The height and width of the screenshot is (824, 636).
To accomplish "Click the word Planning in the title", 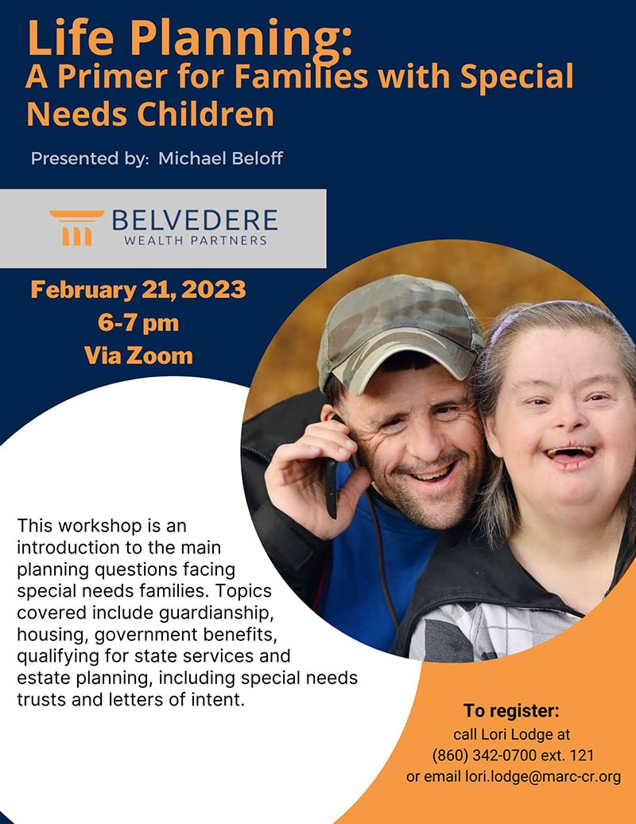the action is click(241, 38).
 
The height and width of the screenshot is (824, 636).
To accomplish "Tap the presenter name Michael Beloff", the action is click(220, 158).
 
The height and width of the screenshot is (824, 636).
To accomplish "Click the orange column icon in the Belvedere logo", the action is click(76, 227).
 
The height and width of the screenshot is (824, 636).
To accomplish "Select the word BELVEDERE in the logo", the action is click(195, 220).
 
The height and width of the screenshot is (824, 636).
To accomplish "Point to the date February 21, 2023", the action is click(138, 290).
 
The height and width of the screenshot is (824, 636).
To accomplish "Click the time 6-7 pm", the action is click(138, 323).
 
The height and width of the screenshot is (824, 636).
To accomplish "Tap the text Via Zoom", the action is click(138, 356).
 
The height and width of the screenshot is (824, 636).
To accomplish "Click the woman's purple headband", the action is click(546, 315).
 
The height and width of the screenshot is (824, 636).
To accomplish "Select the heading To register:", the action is click(511, 710).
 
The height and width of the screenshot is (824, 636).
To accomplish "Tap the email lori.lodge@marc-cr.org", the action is click(543, 777).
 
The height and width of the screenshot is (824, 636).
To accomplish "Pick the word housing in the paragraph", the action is click(52, 635).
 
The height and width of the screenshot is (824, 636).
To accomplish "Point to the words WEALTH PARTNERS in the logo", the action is click(196, 241).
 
